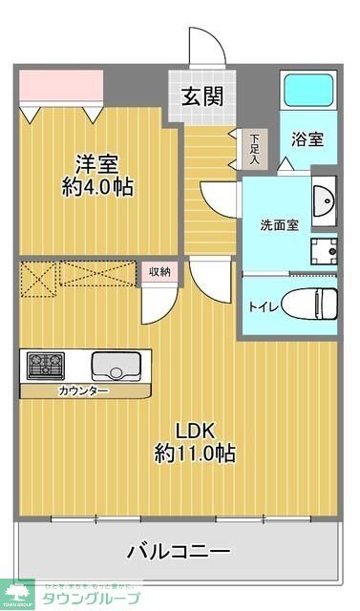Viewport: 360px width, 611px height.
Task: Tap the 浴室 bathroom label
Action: point(307,138)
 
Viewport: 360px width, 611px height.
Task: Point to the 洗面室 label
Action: point(280,225)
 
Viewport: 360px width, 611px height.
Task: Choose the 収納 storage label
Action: point(159,272)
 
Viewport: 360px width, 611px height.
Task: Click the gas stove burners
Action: point(45,366)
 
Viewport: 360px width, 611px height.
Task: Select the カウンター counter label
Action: point(83,391)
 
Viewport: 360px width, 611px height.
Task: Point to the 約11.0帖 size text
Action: point(195,453)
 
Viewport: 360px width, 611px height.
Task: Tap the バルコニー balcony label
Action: point(179,551)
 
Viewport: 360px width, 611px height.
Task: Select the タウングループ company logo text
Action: point(93,598)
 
